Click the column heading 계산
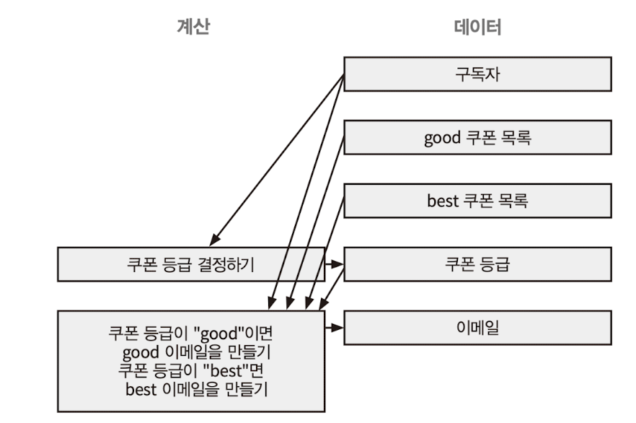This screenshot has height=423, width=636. coord(193,27)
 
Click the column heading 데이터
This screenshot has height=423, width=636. coord(477,27)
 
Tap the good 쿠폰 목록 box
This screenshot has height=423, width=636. coord(477,137)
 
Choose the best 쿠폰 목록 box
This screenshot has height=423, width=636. coord(477,200)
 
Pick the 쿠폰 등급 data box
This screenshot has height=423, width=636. coord(477,264)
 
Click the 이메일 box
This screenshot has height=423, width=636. coord(477,327)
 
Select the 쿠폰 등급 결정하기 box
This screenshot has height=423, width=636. coord(191,264)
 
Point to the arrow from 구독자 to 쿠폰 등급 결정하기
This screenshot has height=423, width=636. coord(278,159)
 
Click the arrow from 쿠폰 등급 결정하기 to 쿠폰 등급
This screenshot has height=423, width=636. coord(333,264)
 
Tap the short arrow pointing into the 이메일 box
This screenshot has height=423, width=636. coord(333,327)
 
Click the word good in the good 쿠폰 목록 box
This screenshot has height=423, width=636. coord(441,138)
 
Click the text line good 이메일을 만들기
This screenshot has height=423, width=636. coord(190,354)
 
